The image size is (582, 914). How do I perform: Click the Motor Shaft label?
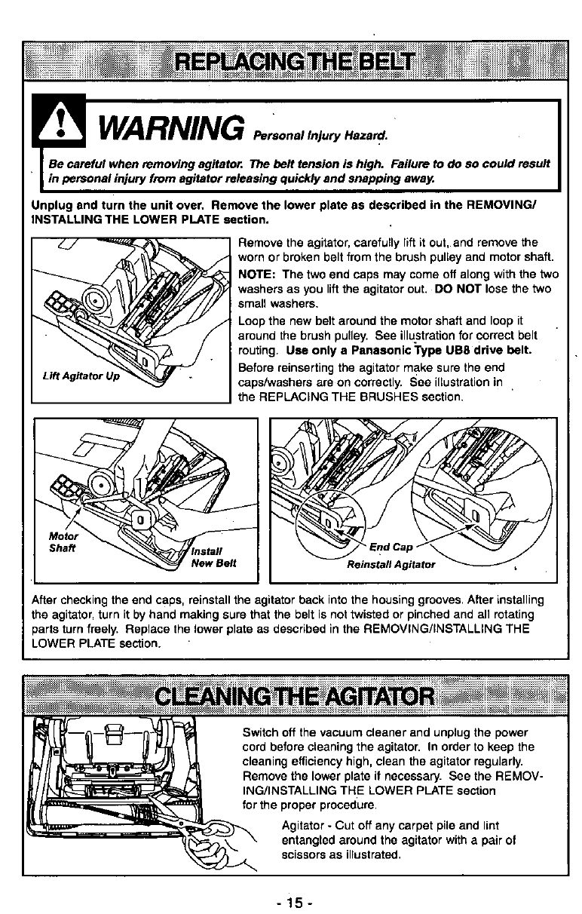point(58,541)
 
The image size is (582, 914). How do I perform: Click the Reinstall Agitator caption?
point(391,564)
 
